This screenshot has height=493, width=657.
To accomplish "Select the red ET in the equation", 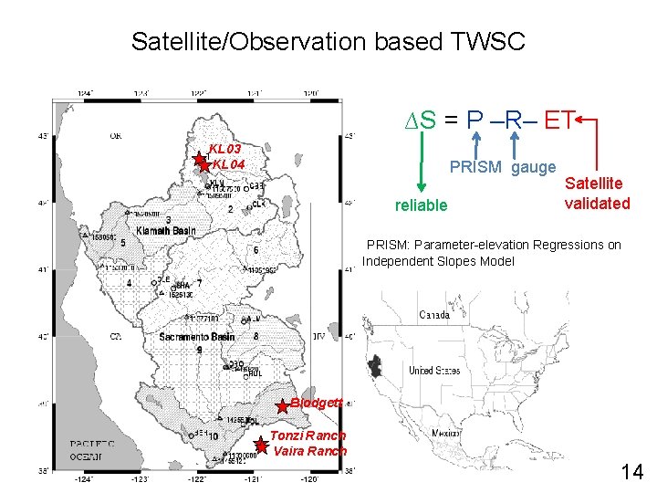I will pyautogui.click(x=560, y=120).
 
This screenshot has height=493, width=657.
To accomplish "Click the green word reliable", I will pyautogui.click(x=421, y=205).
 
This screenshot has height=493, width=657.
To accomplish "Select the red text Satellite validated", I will pyautogui.click(x=597, y=194).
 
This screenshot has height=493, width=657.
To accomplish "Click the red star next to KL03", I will pyautogui.click(x=201, y=161).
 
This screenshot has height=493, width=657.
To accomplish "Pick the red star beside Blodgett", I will pyautogui.click(x=283, y=405).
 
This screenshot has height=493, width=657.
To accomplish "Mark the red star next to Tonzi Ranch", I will pyautogui.click(x=261, y=446).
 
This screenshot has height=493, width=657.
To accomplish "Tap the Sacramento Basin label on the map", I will pyautogui.click(x=196, y=337).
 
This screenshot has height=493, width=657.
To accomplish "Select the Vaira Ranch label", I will pyautogui.click(x=310, y=451).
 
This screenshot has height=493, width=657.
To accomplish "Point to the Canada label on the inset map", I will pyautogui.click(x=433, y=316).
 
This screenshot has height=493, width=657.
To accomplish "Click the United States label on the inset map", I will pyautogui.click(x=433, y=371).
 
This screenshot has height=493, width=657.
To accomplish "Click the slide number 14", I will pyautogui.click(x=631, y=471).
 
